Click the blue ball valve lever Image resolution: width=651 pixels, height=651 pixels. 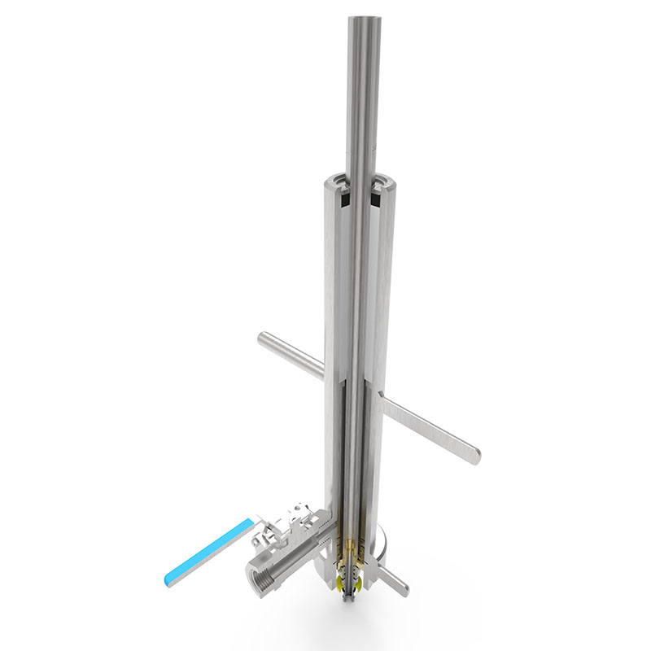pyautogui.click(x=208, y=551)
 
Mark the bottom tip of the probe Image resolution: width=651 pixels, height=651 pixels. pyautogui.click(x=352, y=601)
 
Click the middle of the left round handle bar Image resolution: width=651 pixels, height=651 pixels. pyautogui.click(x=293, y=356)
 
